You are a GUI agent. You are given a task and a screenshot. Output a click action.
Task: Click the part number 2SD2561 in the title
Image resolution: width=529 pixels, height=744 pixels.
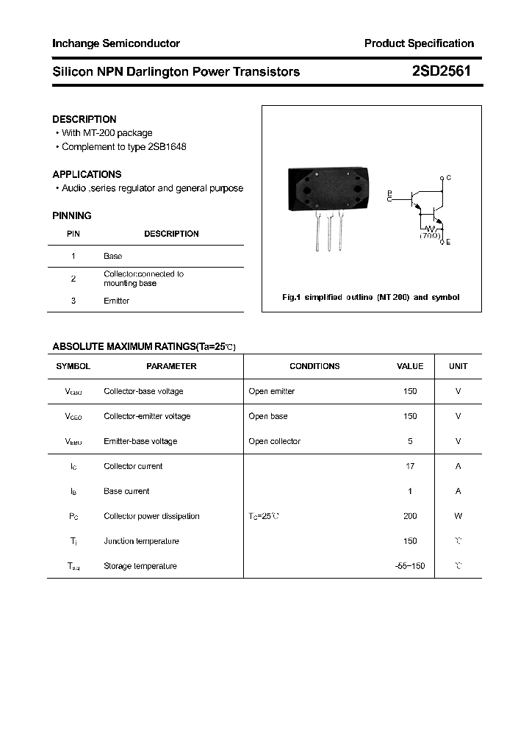pos(441,71)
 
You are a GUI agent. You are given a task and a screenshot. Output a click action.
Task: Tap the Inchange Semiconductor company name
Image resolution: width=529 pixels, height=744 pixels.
pos(116,43)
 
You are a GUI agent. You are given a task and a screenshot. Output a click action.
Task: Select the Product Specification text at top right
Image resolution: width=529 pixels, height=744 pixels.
pos(419,43)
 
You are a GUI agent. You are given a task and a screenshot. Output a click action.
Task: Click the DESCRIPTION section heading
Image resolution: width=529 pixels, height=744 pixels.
pos(84,119)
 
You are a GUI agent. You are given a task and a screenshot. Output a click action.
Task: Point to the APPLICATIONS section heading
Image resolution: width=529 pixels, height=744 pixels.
pos(87,174)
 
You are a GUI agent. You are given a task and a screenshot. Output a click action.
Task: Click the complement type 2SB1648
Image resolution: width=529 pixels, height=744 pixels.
pos(166,146)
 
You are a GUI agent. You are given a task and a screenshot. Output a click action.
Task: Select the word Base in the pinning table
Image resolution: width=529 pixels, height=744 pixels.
pos(112,256)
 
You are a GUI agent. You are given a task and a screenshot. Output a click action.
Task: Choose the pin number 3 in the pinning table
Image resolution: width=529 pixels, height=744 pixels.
pos(73,301)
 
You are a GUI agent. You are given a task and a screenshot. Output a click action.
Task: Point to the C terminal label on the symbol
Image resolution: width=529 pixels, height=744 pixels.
pos(448,178)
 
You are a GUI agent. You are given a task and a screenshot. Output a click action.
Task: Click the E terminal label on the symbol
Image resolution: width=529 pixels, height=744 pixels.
pos(448,242)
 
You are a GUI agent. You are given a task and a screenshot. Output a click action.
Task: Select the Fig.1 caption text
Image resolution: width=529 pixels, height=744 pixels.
pos(371,297)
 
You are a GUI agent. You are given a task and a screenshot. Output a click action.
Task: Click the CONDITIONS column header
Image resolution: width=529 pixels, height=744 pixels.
pos(314,366)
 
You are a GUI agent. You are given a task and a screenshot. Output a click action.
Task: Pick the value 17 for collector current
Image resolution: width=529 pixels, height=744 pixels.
pos(410,466)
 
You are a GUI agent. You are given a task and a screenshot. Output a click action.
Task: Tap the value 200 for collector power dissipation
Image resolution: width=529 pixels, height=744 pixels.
pos(410,516)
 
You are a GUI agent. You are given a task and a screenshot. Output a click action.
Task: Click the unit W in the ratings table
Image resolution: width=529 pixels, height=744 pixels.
pos(458,516)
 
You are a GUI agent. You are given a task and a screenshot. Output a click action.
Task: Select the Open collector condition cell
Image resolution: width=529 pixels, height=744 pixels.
pos(274,441)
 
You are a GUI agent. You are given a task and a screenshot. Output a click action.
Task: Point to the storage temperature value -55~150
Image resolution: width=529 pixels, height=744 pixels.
pos(410,566)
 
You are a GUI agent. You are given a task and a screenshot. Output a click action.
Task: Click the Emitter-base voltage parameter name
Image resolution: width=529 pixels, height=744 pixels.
pos(140,441)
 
